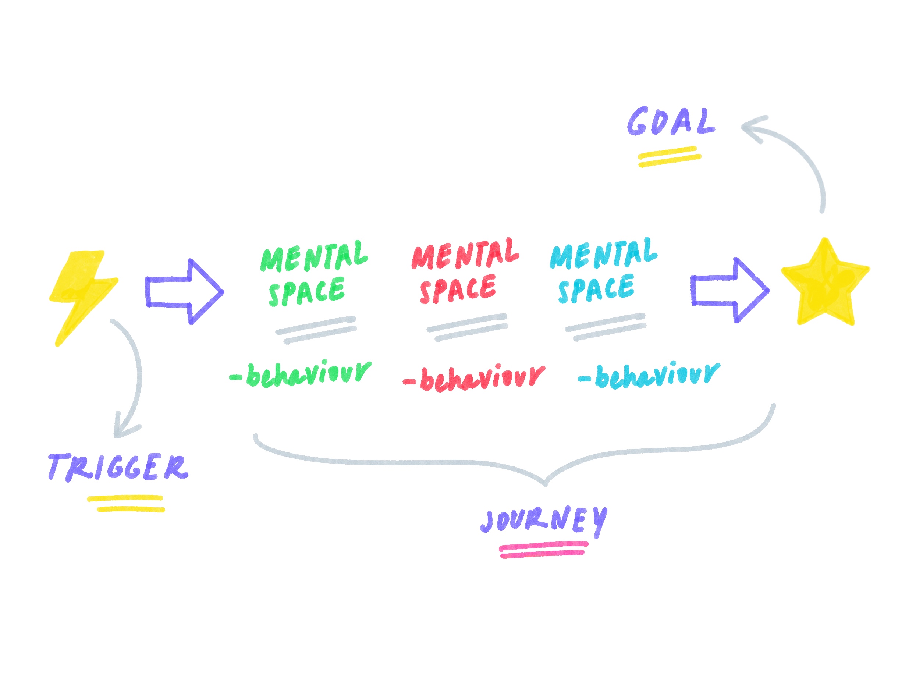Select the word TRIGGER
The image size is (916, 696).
(118, 468)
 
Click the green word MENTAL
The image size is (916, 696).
(314, 257)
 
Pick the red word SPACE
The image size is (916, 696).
(458, 289)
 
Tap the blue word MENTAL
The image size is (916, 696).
(603, 254)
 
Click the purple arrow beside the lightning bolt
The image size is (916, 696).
(184, 292)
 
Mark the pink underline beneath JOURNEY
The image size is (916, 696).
(543, 549)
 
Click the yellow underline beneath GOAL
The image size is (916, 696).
(669, 157)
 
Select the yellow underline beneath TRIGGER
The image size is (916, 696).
(126, 503)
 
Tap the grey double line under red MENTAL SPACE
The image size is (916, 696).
(467, 328)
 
